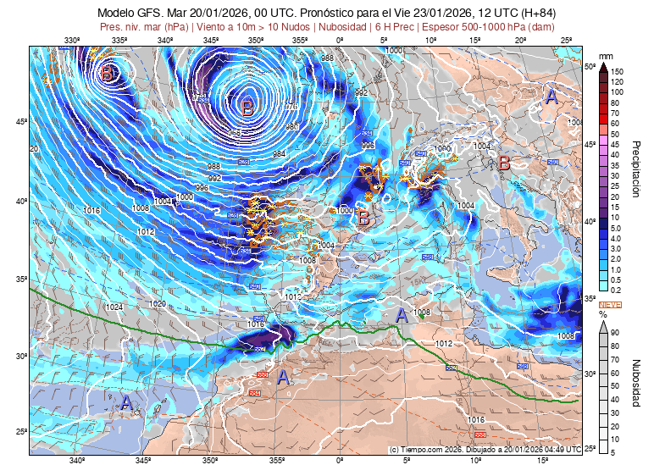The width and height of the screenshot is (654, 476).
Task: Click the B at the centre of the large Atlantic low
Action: coord(247,108)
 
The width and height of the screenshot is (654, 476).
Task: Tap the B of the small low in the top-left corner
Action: coord(107,75)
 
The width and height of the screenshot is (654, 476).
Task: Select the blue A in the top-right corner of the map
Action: coord(551,97)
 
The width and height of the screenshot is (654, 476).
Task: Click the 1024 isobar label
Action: coord(115,307)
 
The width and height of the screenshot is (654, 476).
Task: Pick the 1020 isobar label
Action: coord(158,303)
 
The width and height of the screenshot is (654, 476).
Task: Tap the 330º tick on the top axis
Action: coord(72,40)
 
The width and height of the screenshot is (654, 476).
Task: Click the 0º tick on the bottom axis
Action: coord(341,461)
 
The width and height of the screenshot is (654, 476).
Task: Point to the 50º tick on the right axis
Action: coord(590,65)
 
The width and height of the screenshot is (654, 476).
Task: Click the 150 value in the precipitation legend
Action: coord(618,72)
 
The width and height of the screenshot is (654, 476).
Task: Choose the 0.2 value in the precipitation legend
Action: coord(618,289)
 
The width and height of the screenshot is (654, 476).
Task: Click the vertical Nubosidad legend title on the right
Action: coord(636,381)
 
